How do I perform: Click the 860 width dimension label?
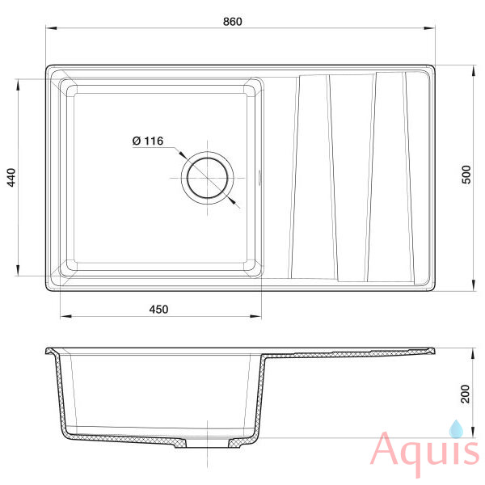click(232, 21)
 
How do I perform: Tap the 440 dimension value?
click(11, 178)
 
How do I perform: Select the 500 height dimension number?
click(466, 175)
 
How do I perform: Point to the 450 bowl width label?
click(158, 309)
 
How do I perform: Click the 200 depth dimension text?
click(465, 394)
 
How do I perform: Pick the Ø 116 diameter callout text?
click(148, 141)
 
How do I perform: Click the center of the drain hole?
click(207, 178)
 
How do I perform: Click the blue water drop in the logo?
click(456, 428)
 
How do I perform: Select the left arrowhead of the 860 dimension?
click(51, 28)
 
